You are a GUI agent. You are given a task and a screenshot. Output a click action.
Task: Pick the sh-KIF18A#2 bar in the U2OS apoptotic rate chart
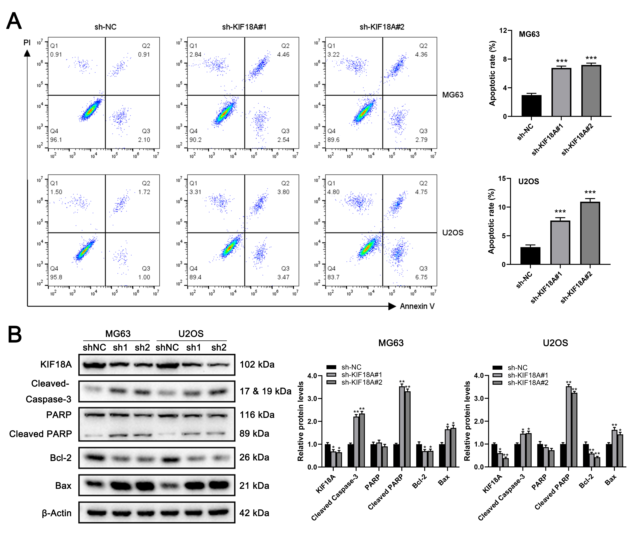590,233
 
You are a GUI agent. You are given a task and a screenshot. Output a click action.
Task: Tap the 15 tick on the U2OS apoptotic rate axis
502,179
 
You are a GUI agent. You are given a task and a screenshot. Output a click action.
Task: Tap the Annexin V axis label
417,306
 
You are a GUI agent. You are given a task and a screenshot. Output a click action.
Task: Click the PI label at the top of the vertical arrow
27,42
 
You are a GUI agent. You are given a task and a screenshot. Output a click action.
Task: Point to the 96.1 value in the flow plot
56,140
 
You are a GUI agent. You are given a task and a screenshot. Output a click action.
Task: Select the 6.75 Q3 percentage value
421,277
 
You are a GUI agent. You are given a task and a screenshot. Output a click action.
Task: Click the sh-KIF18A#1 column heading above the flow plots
244,27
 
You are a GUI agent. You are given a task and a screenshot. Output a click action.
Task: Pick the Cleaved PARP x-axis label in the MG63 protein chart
385,492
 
